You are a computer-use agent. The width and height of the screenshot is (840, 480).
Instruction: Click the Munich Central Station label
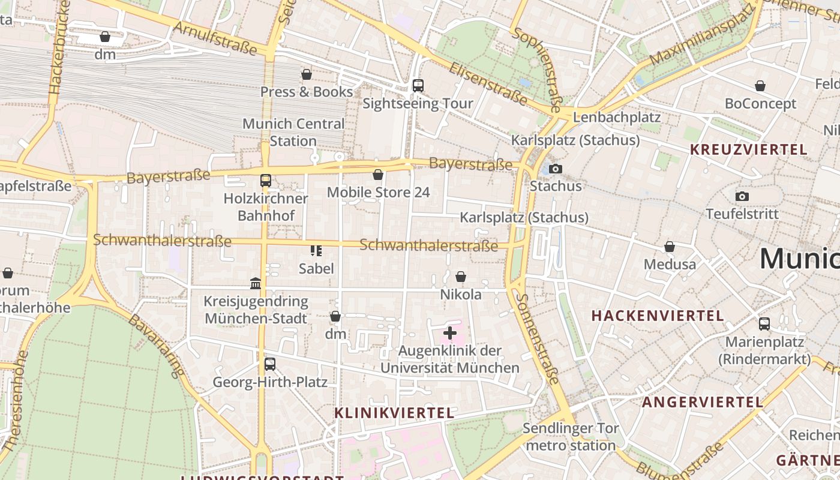click(x=293, y=133)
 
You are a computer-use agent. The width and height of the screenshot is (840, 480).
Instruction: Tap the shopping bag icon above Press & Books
click(x=307, y=74)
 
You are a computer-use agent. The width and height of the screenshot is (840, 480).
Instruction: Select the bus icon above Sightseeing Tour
click(x=418, y=86)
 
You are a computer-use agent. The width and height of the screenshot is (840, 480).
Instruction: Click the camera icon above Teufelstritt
click(x=742, y=196)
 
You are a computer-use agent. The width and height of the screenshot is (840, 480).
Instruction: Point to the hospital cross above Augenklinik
click(x=450, y=333)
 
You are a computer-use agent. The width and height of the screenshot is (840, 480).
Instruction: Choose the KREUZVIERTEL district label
click(x=749, y=150)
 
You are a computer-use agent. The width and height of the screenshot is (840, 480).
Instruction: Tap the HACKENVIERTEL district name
click(x=658, y=316)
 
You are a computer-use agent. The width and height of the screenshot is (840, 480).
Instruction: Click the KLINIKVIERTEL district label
click(x=394, y=413)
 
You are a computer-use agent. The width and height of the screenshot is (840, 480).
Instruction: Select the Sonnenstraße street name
click(x=538, y=339)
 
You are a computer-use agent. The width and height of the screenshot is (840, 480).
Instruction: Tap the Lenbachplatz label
click(x=617, y=117)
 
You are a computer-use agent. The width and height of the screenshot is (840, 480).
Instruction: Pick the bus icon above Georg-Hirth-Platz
click(x=270, y=364)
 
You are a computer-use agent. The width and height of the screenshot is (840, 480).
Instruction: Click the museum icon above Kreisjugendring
click(x=256, y=283)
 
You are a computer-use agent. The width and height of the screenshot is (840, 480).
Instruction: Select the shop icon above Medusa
click(x=670, y=247)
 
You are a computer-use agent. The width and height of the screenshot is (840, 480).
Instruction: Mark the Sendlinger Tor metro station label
click(x=570, y=437)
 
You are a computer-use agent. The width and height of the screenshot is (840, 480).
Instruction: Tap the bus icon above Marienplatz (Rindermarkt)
click(x=764, y=324)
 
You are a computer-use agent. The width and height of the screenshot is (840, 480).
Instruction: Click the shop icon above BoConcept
click(x=760, y=86)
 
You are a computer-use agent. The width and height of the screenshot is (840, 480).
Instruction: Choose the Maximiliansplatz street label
click(x=702, y=37)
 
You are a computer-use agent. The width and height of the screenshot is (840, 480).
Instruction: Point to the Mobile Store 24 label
click(x=378, y=193)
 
